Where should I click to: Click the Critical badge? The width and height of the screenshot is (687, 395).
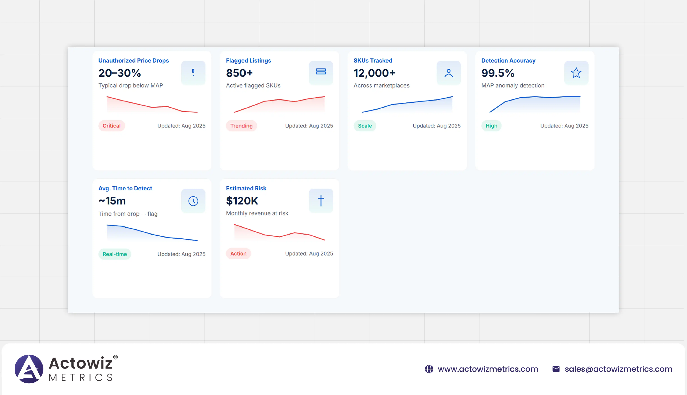click(x=111, y=126)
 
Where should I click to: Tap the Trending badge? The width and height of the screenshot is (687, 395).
click(x=241, y=126)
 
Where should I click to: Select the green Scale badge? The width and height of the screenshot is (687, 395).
click(x=365, y=126)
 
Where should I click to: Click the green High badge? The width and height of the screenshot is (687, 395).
click(x=491, y=126)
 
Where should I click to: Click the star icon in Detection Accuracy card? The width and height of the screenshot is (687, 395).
click(x=576, y=73)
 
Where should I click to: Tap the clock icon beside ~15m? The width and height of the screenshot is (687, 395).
click(x=193, y=201)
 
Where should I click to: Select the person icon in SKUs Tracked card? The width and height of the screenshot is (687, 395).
click(x=448, y=73)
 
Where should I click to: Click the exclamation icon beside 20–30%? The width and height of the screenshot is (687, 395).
click(x=193, y=72)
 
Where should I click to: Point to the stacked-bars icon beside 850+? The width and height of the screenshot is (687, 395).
click(x=321, y=72)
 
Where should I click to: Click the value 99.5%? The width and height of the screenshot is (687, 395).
click(x=498, y=73)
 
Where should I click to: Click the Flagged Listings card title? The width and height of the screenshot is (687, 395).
click(x=248, y=60)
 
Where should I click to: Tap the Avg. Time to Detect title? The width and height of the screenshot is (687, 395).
click(x=125, y=188)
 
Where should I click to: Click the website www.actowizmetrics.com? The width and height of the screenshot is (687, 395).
click(x=488, y=369)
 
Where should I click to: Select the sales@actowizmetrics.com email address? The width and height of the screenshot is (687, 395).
click(x=618, y=369)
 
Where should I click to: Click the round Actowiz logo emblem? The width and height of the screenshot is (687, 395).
click(x=29, y=369)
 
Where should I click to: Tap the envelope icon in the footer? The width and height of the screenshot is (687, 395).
click(x=556, y=369)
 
